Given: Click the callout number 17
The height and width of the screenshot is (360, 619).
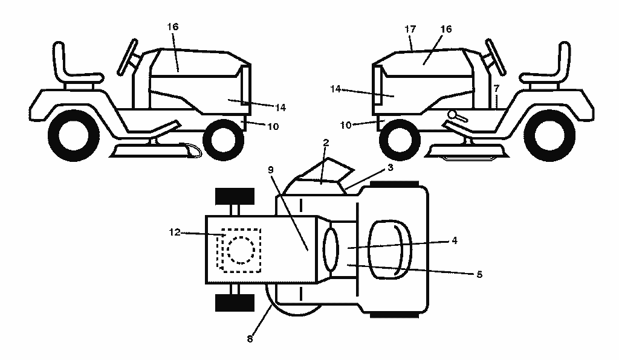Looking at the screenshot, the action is point(410,29).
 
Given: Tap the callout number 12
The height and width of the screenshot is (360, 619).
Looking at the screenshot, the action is point(175,232).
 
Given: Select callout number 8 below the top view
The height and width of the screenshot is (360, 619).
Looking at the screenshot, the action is point(250,339).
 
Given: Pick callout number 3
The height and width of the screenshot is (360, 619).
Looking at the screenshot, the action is point(391,167).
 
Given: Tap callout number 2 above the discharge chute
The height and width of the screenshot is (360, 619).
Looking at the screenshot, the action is point(326,143).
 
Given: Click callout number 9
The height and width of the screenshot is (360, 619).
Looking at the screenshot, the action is point(270,170).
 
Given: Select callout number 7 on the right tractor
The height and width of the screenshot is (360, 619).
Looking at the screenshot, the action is point(496,88).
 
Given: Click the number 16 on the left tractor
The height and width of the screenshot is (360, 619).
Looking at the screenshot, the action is point(172,27).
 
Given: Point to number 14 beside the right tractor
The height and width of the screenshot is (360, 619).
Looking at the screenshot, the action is point(335,89).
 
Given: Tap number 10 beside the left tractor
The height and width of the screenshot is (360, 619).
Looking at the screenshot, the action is point(273,127).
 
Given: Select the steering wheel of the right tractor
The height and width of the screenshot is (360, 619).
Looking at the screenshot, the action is point(496,57).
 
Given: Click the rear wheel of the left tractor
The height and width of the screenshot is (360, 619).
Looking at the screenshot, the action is point(74,136).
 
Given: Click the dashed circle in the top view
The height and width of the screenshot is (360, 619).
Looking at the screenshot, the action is point(241,249).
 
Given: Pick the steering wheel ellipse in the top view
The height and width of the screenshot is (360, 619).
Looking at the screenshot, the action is point(331,249).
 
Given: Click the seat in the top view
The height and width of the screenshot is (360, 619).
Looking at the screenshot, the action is point(390,249).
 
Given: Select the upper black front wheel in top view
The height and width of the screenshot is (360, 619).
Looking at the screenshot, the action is point(235,196).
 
